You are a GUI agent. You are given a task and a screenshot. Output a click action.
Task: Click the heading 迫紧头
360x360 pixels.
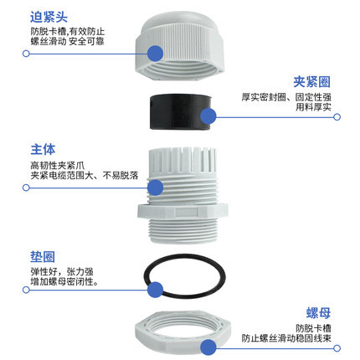point(49,16)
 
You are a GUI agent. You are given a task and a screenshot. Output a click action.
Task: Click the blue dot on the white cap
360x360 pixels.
point(155,54)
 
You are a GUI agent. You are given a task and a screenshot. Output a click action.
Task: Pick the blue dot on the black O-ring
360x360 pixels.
point(155,290)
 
